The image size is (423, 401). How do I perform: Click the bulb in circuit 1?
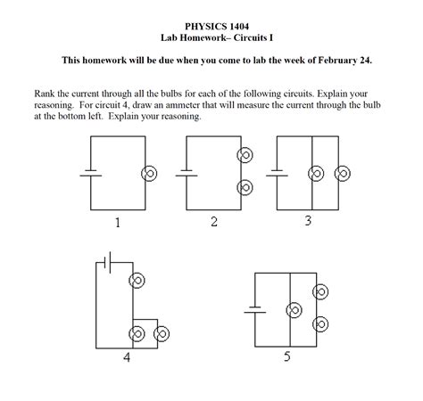coord(147,175)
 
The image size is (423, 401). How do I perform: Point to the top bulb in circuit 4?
coord(137,281)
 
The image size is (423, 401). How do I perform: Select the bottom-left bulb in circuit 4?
coord(137,334)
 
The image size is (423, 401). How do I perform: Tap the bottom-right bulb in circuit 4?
coord(162,334)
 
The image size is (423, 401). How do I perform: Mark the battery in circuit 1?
coord(90,174)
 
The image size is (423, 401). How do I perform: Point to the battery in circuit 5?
coord(256,311)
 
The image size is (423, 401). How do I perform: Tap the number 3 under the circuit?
coord(308,220)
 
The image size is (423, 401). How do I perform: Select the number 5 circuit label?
coord(286,359)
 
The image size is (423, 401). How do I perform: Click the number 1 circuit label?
coord(117,222)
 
